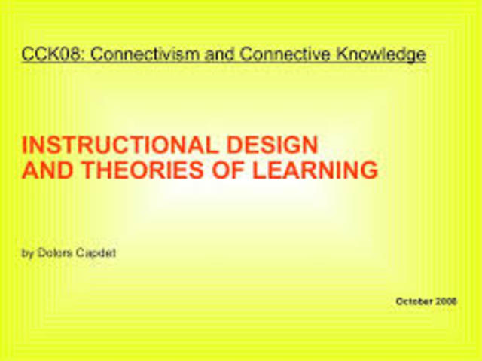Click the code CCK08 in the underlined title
(x=45, y=55)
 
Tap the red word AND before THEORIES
(x=45, y=170)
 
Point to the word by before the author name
(x=27, y=253)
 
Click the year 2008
(x=447, y=301)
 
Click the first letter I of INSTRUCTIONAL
(x=25, y=145)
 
